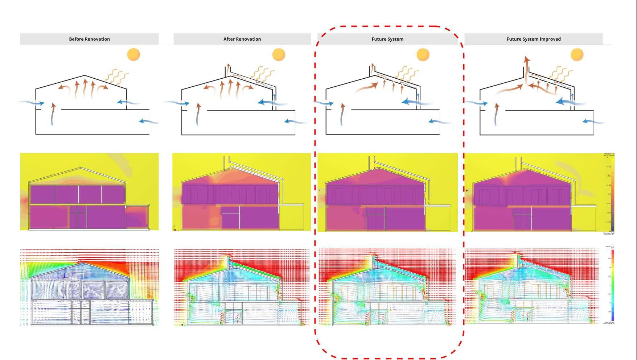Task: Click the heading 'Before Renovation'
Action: (x=89, y=39)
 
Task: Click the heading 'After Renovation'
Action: (x=242, y=39)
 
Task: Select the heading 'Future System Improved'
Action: (x=533, y=39)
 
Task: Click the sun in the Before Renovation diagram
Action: (x=133, y=55)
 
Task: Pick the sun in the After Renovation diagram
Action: (x=279, y=55)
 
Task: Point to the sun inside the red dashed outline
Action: (x=423, y=55)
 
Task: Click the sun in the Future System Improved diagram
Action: (x=577, y=55)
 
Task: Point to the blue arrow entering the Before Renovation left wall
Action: (x=30, y=103)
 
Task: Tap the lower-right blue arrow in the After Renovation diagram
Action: (x=294, y=121)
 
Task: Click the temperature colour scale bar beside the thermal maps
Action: (x=612, y=194)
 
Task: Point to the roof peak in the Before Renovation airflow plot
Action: (x=80, y=262)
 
